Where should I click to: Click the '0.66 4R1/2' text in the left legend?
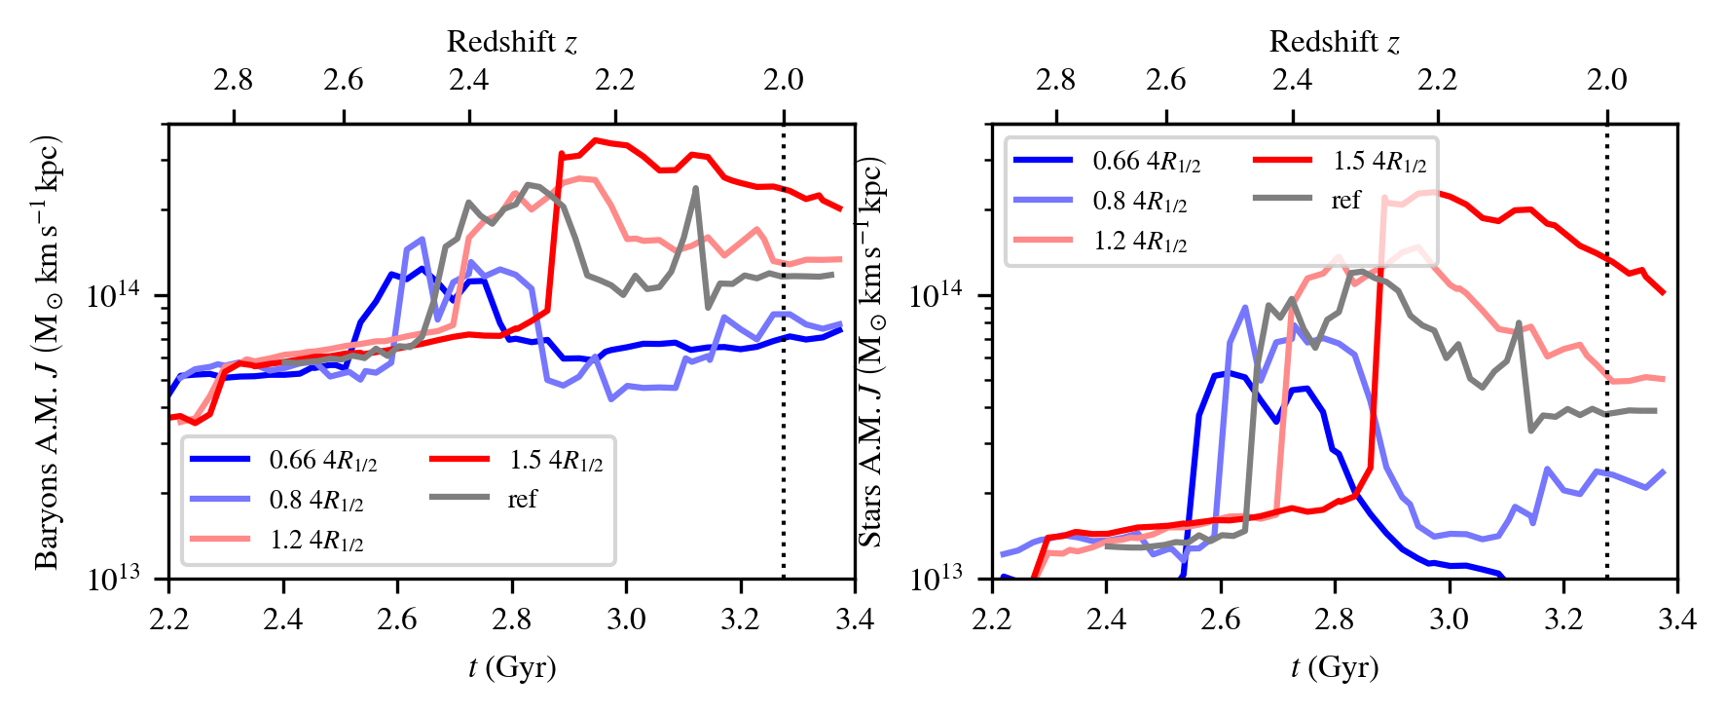(x=322, y=460)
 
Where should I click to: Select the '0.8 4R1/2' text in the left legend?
(x=315, y=500)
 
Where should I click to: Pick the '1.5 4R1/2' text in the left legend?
(x=556, y=460)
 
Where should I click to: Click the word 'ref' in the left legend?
(x=522, y=499)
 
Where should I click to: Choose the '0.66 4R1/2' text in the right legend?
(x=1146, y=162)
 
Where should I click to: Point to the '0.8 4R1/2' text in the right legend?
(x=1139, y=202)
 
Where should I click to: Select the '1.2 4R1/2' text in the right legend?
(x=1139, y=242)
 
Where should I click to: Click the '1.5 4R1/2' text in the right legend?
(x=1379, y=162)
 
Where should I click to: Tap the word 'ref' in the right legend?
(x=1345, y=201)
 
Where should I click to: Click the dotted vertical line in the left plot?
(x=784, y=390)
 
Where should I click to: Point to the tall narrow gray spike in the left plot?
(x=695, y=189)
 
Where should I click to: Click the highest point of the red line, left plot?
(x=596, y=140)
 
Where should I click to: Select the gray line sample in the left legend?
(x=459, y=498)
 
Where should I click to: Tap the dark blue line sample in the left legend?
(x=219, y=459)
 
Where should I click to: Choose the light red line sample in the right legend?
(x=1043, y=241)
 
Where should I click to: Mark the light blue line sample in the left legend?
(x=219, y=499)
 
